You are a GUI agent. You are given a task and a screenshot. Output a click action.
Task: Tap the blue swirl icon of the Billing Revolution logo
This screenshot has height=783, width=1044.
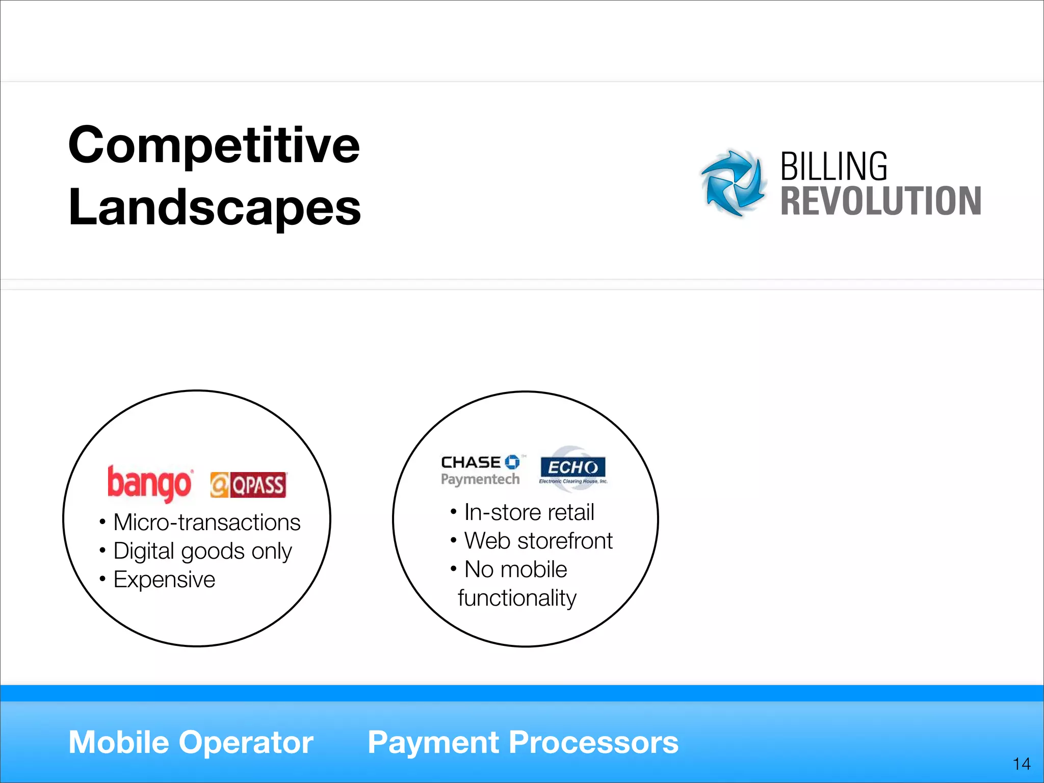point(733,183)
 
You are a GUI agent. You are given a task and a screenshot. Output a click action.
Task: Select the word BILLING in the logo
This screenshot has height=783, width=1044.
point(834,167)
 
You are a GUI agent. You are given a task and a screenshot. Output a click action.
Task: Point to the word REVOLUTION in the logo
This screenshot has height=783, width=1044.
point(881,201)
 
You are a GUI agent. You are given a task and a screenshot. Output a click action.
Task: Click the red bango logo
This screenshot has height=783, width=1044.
point(149,483)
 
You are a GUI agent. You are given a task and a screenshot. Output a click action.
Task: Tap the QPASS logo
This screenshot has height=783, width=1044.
point(248,485)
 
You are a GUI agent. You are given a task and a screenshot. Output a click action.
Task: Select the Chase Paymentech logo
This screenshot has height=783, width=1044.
point(480,470)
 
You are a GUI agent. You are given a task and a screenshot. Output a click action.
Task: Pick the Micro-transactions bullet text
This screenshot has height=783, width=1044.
point(206,523)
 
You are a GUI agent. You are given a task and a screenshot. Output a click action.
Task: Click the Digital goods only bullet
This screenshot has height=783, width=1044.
point(202,551)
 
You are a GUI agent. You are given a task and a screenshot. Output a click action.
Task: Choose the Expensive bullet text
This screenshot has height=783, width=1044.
point(164,580)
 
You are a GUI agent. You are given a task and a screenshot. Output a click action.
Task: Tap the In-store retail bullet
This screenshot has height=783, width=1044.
point(529,512)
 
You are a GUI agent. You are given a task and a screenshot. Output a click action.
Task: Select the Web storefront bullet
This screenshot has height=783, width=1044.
point(538,541)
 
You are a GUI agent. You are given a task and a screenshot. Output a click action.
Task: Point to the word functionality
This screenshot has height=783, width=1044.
point(517,598)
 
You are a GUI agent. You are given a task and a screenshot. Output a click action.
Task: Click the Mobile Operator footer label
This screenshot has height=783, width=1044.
point(191,742)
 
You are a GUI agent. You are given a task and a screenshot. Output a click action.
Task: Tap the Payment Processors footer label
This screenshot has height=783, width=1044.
point(523,742)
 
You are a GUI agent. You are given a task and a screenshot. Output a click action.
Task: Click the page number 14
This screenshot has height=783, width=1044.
point(1022,764)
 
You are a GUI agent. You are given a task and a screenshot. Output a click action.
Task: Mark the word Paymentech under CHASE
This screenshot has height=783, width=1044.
point(480,480)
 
